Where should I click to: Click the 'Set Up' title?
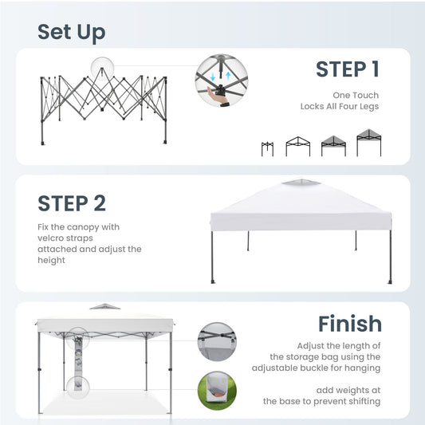[72, 33]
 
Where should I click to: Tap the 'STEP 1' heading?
[348, 69]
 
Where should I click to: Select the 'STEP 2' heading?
[72, 203]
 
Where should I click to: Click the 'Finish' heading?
[350, 324]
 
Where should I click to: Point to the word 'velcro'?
[50, 238]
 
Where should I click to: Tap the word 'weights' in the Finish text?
[355, 390]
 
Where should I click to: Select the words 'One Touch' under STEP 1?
[356, 95]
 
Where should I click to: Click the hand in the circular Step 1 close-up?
[217, 94]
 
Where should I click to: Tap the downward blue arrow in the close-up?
[213, 77]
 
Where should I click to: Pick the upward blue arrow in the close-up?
[228, 76]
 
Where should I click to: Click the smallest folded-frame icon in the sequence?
[267, 149]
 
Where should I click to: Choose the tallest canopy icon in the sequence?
[369, 143]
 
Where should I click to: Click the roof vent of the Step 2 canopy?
[301, 182]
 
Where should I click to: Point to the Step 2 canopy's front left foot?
[213, 281]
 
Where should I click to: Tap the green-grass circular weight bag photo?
[217, 391]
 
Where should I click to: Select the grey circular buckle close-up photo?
[217, 341]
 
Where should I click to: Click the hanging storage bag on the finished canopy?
[78, 363]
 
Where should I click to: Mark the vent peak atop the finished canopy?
[104, 306]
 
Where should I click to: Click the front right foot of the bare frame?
[165, 141]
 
